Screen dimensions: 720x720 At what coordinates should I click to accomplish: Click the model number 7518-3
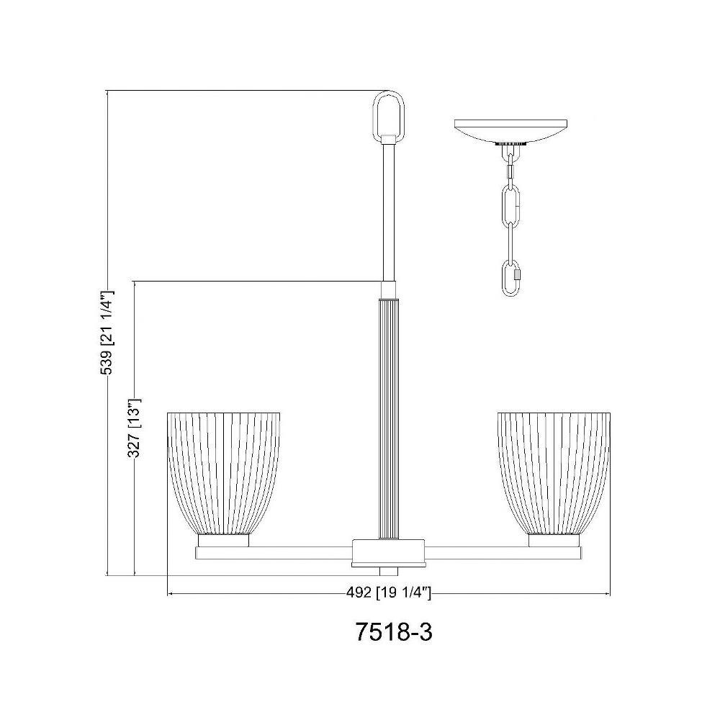394,633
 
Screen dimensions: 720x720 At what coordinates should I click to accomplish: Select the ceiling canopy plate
510,131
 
